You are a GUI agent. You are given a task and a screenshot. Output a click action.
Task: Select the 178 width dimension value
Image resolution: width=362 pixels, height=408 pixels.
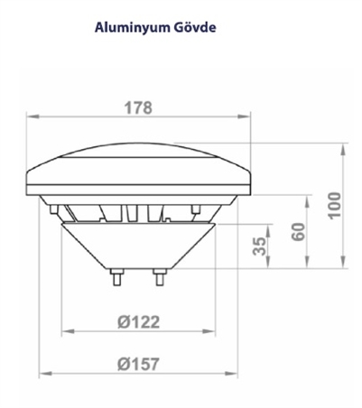137,107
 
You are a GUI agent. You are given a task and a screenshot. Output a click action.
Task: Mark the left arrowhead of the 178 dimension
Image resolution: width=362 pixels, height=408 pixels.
30,116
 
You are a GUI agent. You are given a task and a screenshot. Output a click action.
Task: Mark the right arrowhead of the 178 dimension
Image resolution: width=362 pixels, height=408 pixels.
246,116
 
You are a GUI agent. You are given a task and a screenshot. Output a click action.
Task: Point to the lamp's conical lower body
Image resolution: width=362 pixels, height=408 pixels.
137,244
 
